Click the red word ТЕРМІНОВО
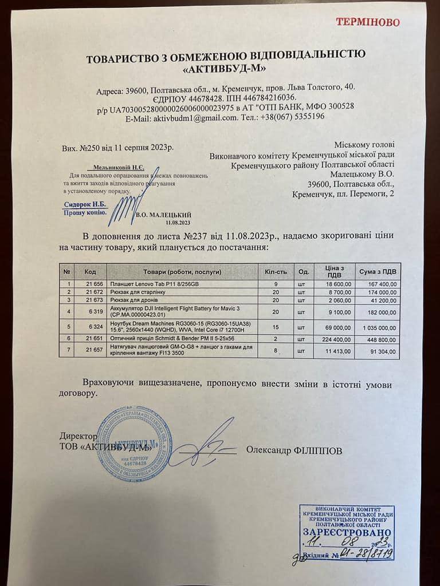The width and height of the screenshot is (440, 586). pos(368,22)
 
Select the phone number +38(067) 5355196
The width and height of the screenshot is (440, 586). pos(294,116)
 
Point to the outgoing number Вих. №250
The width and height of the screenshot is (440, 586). pos(82,148)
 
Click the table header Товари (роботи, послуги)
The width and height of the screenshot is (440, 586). pos(182,271)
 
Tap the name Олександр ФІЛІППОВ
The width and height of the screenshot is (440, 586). pos(294,450)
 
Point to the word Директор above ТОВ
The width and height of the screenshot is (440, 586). pos(78,435)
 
